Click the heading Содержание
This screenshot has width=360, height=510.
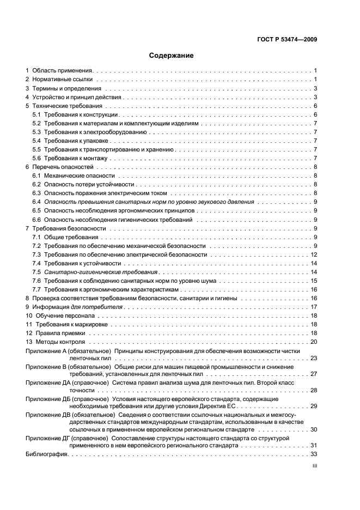[x=172, y=56]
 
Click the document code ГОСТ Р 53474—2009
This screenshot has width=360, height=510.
[x=288, y=39]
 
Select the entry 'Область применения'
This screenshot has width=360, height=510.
[x=63, y=71]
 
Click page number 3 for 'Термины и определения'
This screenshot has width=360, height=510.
[x=315, y=88]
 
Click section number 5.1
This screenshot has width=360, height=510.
[x=36, y=115]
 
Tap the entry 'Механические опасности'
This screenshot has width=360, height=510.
[x=80, y=176]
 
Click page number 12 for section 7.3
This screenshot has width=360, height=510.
[x=314, y=254]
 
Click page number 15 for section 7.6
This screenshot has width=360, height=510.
[x=314, y=281]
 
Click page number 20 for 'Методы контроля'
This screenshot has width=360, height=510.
[x=314, y=342]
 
